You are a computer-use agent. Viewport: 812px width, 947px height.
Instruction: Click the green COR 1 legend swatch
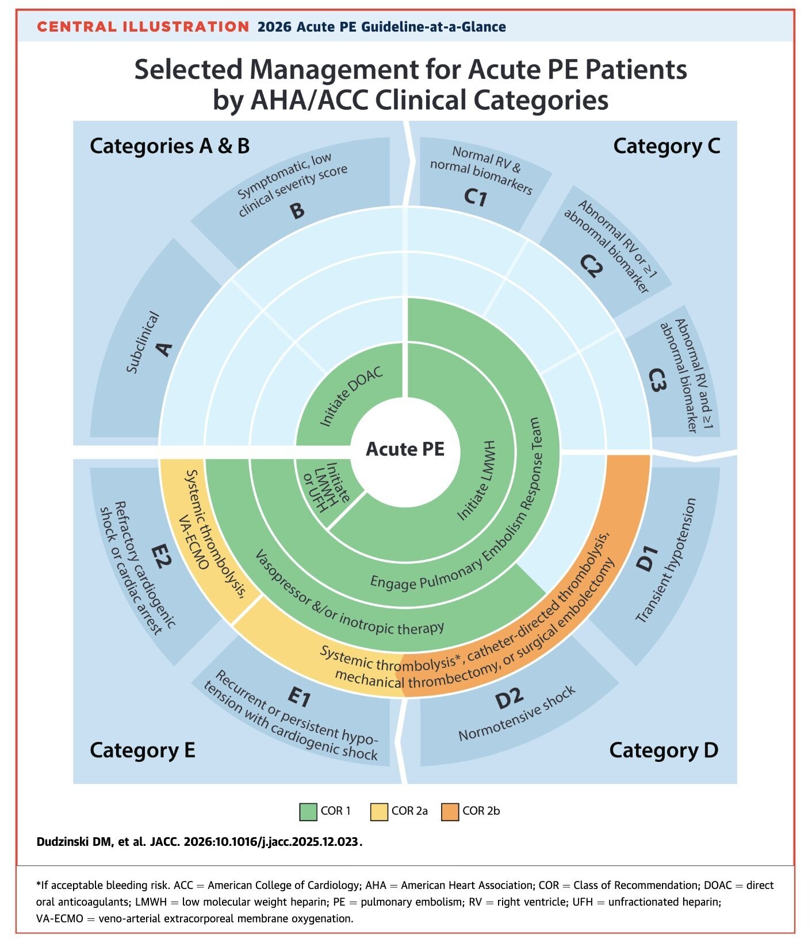coord(308,811)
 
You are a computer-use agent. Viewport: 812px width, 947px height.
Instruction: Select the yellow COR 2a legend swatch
coord(380,811)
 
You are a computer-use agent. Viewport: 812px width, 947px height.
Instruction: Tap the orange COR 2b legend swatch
coord(450,811)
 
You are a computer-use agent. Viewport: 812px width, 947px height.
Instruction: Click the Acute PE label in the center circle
coord(405,449)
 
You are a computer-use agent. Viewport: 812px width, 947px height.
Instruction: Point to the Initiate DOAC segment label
coord(351,396)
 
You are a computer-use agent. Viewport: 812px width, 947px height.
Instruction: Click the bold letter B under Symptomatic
coord(297,210)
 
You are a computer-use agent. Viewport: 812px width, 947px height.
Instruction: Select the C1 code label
coord(476,197)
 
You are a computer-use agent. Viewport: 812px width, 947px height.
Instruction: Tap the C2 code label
coord(591,265)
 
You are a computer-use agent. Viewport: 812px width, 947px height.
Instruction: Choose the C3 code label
coord(657,380)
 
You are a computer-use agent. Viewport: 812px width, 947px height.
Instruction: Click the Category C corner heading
coord(667,146)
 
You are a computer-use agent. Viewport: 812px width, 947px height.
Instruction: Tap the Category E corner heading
coord(143,750)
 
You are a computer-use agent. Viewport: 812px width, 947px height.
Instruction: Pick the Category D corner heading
coord(664,750)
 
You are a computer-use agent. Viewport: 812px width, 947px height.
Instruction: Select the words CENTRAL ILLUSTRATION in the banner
coord(143,26)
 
